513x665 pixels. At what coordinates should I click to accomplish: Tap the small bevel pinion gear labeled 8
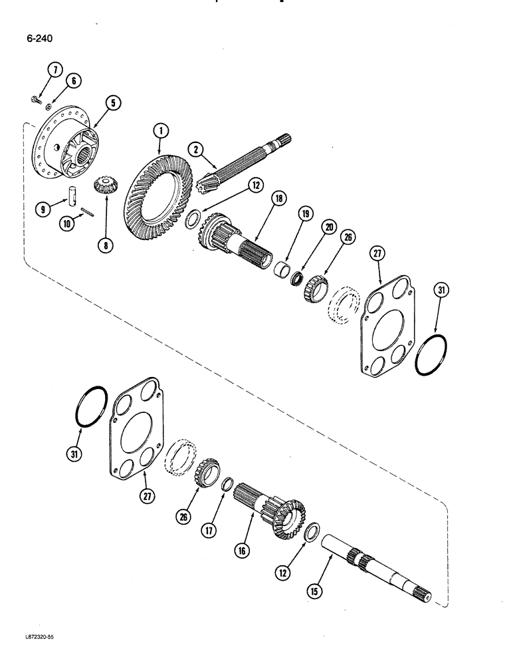point(104,184)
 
